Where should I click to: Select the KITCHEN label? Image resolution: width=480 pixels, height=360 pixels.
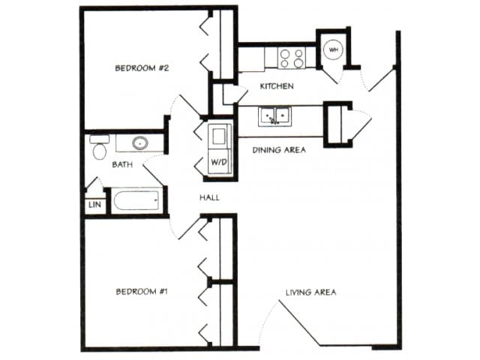[x=276, y=86]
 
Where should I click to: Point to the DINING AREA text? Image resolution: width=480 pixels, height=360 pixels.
[x=279, y=150]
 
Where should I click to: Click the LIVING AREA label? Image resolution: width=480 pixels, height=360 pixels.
[x=310, y=292]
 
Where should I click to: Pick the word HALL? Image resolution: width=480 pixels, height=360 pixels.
[x=208, y=197]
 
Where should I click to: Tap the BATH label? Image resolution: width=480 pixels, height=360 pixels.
[x=123, y=163]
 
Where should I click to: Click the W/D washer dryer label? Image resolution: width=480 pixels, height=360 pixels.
[x=218, y=162]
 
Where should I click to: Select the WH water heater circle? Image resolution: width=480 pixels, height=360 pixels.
[x=332, y=49]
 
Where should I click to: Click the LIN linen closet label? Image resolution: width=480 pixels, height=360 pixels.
[x=94, y=205]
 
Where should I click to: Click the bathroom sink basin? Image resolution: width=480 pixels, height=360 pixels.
[x=139, y=142]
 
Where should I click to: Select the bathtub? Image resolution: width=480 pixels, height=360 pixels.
[x=136, y=202]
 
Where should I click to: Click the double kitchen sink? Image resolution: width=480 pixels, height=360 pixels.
[x=274, y=116]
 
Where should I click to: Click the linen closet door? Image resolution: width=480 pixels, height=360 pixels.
[x=92, y=184]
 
